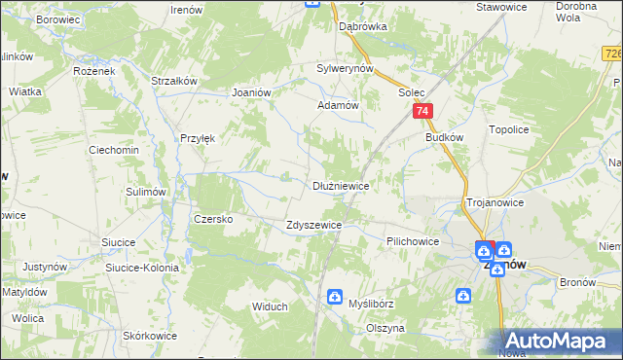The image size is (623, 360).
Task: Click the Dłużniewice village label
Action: (x=340, y=185)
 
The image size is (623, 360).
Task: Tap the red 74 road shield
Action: (x=421, y=113)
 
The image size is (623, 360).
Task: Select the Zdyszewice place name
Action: (x=313, y=225)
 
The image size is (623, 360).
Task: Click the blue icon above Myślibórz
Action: (x=336, y=296)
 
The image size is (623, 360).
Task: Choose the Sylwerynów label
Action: (x=346, y=69)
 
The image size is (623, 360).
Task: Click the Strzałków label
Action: (x=175, y=81)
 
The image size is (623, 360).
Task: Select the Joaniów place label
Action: (x=251, y=92)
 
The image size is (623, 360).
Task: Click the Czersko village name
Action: (x=213, y=219)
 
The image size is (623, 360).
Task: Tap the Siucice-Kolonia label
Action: (x=142, y=268)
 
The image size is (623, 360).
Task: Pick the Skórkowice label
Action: (x=150, y=336)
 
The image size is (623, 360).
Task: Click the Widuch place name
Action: (x=270, y=306)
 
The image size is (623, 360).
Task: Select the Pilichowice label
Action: (x=413, y=240)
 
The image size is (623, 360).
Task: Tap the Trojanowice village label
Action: (x=495, y=202)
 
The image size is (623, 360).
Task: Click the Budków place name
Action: (x=444, y=137)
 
